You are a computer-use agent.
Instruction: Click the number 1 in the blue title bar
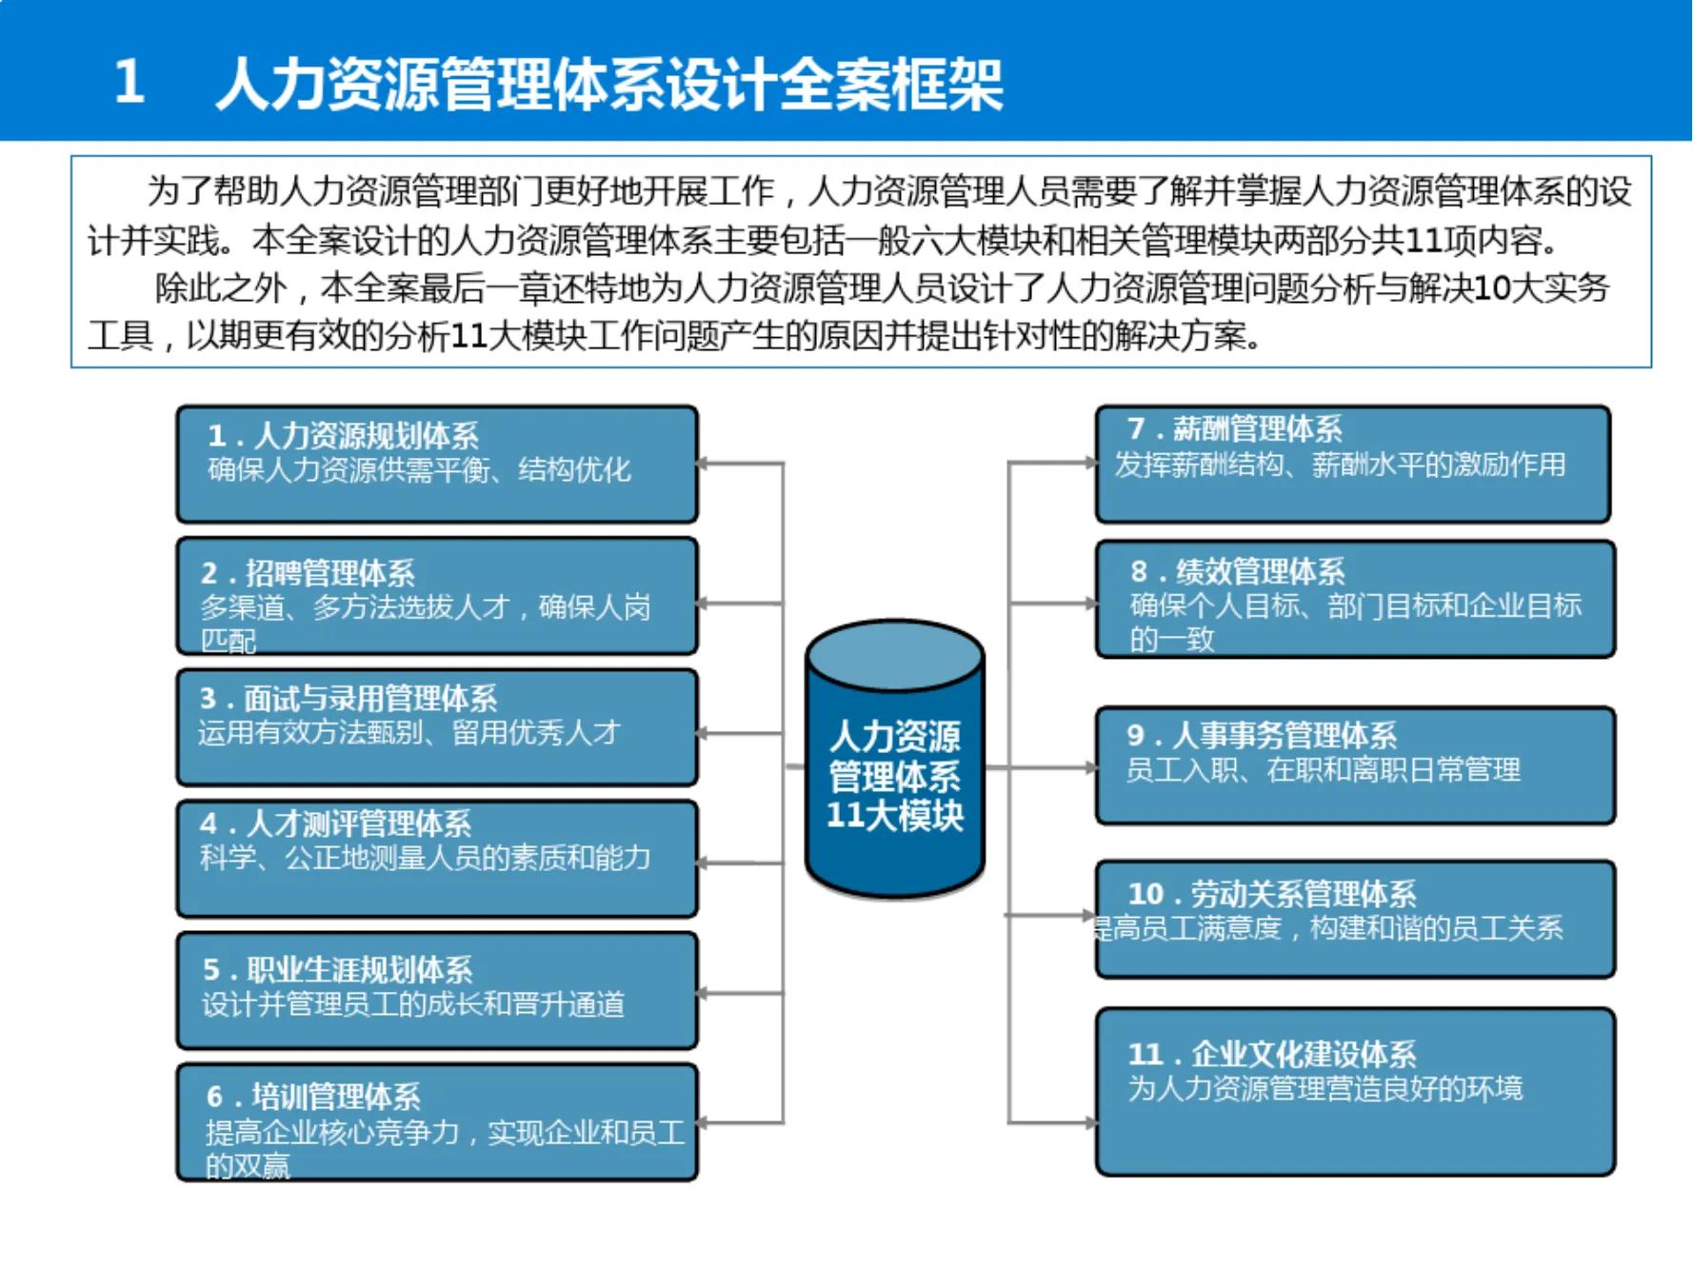point(129,82)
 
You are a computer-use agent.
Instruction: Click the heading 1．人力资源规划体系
point(343,435)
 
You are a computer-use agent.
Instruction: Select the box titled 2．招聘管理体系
point(436,596)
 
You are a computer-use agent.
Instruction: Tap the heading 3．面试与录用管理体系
point(349,698)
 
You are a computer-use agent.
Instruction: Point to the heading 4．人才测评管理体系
point(335,823)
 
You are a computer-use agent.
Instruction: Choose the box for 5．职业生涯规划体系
point(436,991)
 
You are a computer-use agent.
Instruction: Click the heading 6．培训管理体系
point(313,1096)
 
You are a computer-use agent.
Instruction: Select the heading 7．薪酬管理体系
point(1234,428)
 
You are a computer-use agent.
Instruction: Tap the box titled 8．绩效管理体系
point(1354,599)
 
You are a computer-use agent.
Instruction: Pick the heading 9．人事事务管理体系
point(1261,734)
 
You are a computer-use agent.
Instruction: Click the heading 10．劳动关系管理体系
point(1271,893)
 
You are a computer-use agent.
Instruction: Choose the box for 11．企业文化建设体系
point(1354,1091)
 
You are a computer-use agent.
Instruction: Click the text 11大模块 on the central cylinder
point(894,815)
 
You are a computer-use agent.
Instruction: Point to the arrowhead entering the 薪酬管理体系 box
point(1091,464)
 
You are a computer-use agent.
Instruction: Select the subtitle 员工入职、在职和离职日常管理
point(1323,769)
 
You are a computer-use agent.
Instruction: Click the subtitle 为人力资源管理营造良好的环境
point(1325,1087)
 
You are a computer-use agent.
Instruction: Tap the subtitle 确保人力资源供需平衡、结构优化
point(419,469)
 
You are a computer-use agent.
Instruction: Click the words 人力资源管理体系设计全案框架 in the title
point(609,84)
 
